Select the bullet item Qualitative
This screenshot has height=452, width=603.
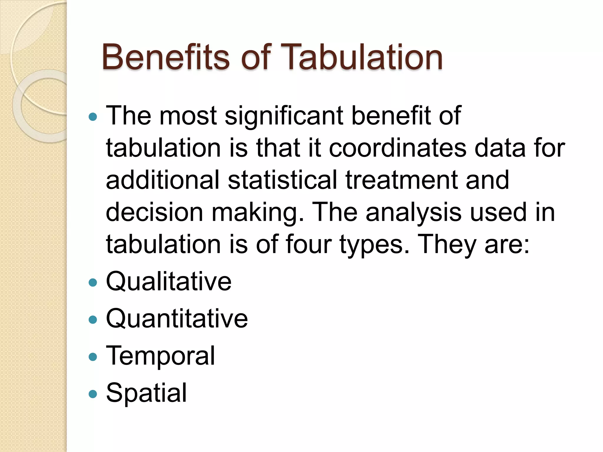(x=169, y=282)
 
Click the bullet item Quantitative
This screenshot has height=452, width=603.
(x=177, y=319)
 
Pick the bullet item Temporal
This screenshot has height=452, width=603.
(x=160, y=356)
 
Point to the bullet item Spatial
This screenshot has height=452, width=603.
(x=146, y=393)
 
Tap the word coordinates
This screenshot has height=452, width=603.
(x=397, y=148)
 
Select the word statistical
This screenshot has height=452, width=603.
(x=282, y=180)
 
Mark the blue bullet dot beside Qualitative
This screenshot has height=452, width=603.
(x=93, y=283)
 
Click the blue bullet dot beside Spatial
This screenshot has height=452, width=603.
(x=93, y=394)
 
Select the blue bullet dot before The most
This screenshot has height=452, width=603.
(x=93, y=117)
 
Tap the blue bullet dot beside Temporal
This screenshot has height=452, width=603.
(x=93, y=357)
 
